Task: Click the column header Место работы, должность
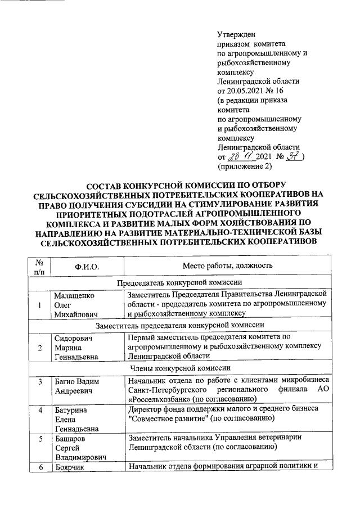[227, 265]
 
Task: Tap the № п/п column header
[39, 266]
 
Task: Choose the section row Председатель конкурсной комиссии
[179, 282]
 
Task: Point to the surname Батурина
[71, 410]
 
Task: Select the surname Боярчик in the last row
[70, 467]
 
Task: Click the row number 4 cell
[39, 410]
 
